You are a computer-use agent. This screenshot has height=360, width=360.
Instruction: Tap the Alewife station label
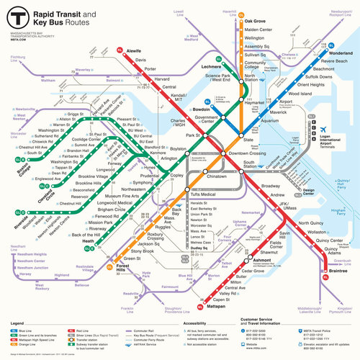pos(133,52)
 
